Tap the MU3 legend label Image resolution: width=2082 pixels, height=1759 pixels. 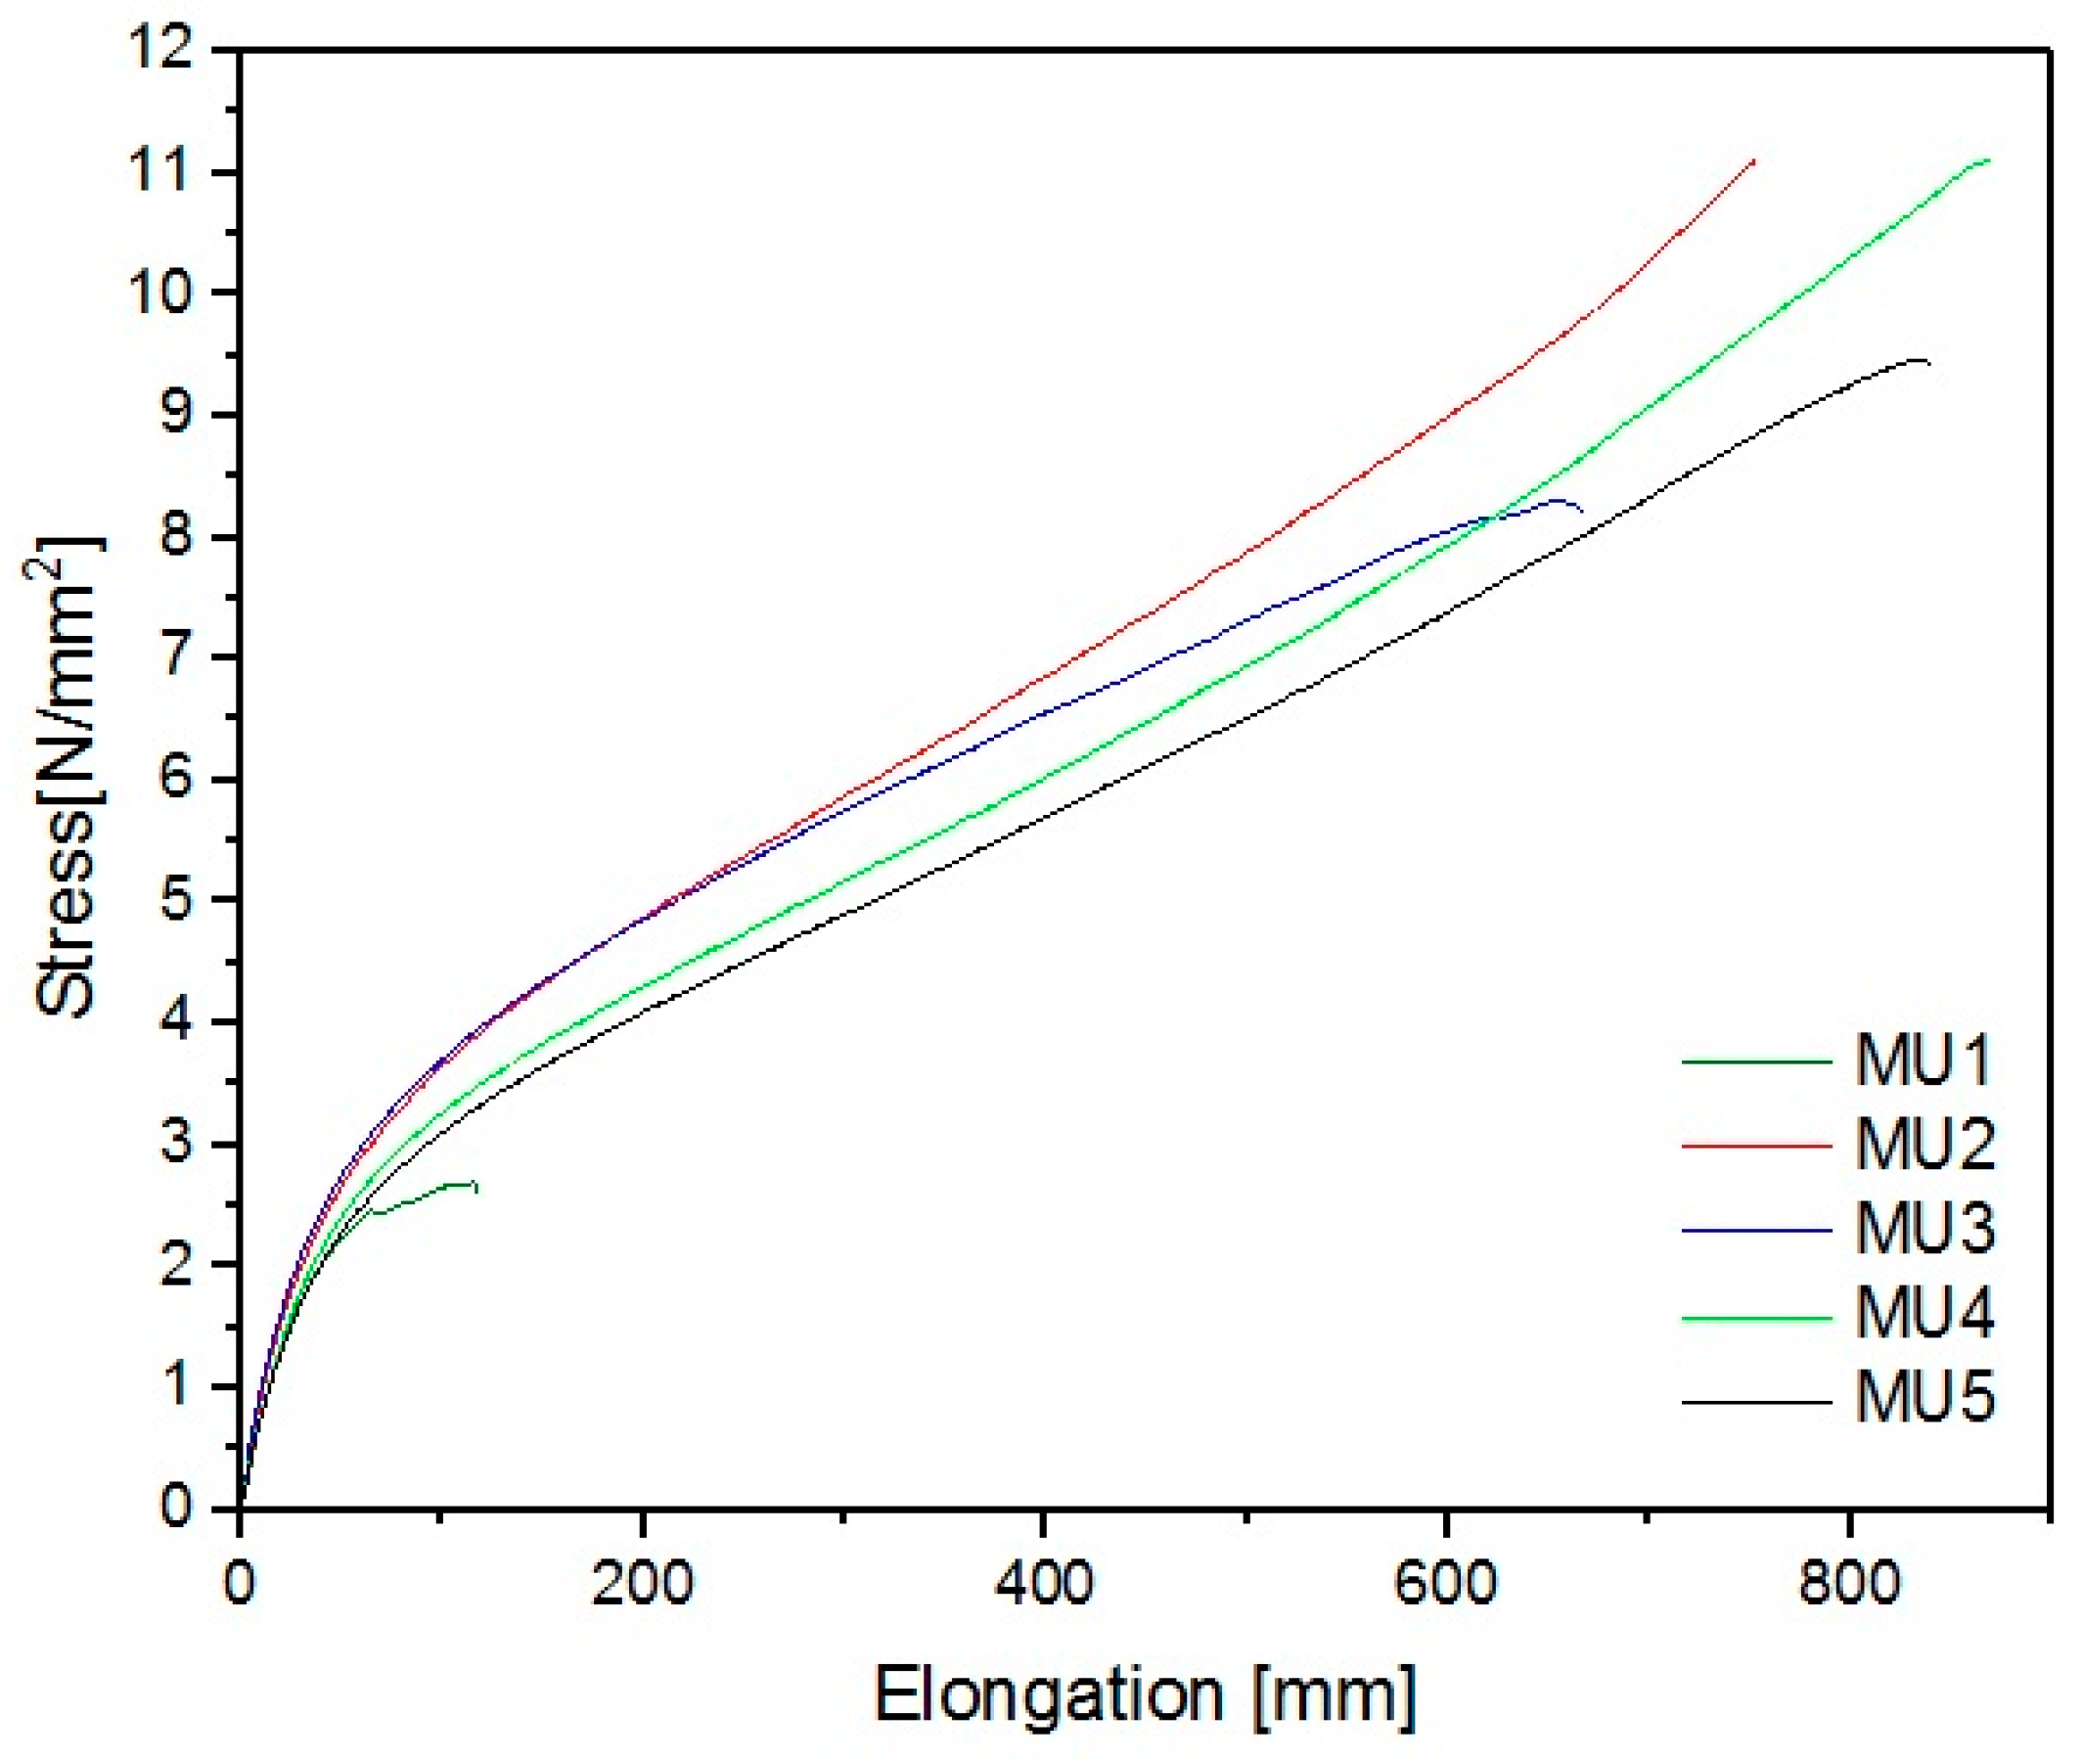coord(1925,1230)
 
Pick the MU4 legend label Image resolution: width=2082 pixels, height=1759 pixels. coord(1925,1314)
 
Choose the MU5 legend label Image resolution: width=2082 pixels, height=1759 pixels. coord(1925,1399)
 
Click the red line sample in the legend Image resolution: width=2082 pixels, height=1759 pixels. coord(1757,1146)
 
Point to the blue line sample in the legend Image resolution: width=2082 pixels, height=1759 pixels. coord(1757,1231)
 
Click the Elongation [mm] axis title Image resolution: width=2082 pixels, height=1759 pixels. coord(1145,1694)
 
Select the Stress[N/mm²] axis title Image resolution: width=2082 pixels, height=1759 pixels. coord(68,778)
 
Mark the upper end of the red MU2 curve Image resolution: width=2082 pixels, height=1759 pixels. coord(1754,159)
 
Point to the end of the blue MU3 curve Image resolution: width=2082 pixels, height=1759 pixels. coord(1582,511)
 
